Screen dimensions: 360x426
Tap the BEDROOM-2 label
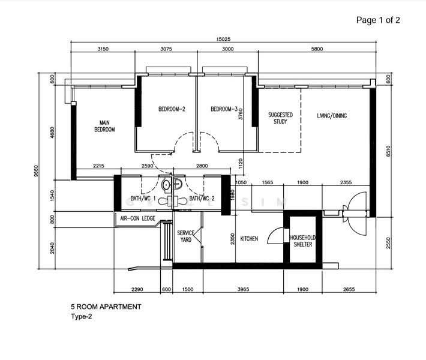click(x=171, y=109)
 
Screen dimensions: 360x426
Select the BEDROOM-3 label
click(x=224, y=109)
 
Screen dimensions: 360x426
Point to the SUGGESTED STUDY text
click(x=280, y=118)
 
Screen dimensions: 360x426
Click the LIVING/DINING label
click(x=332, y=116)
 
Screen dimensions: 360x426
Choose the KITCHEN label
click(x=249, y=239)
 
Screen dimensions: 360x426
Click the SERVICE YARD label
click(x=185, y=236)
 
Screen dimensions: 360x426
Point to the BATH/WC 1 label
click(x=145, y=199)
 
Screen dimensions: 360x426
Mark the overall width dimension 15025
click(x=226, y=40)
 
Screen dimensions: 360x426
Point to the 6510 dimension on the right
click(x=388, y=153)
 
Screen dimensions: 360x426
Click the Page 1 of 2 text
click(x=378, y=20)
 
